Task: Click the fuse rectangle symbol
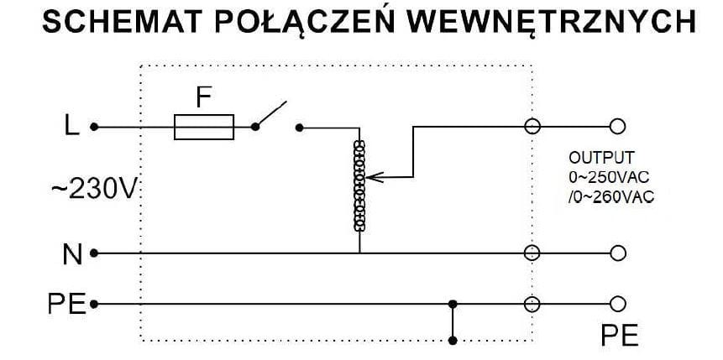pyautogui.click(x=203, y=128)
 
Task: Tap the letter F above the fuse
pyautogui.click(x=202, y=98)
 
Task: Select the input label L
pyautogui.click(x=72, y=127)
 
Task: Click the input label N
pyautogui.click(x=72, y=253)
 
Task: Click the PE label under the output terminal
pyautogui.click(x=620, y=336)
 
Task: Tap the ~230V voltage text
pyautogui.click(x=93, y=190)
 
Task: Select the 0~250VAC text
pyautogui.click(x=609, y=177)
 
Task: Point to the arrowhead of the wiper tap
pyautogui.click(x=374, y=177)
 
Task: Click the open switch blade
pyautogui.click(x=270, y=115)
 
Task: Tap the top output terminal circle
pyautogui.click(x=618, y=127)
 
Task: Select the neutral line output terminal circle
pyautogui.click(x=618, y=253)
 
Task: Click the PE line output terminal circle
pyautogui.click(x=618, y=303)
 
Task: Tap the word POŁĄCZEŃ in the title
pyautogui.click(x=298, y=23)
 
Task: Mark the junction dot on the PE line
pyautogui.click(x=453, y=303)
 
